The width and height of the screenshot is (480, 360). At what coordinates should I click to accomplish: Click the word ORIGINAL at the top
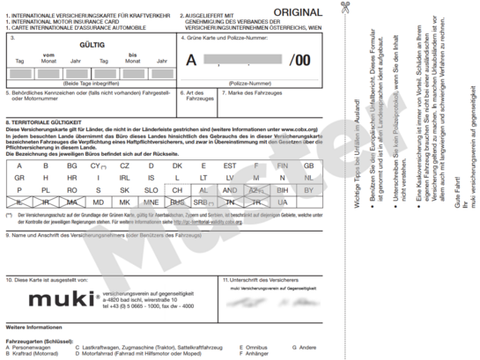pos(297,11)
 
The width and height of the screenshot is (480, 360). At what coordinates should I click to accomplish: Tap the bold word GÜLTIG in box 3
pos(88,41)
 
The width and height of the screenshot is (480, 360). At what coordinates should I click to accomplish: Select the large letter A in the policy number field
pos(191,61)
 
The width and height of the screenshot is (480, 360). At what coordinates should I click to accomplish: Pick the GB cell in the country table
pos(308,165)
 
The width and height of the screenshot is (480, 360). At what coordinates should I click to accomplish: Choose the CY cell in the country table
pos(99,165)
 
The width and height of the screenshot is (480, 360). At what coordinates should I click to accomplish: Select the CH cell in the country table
pos(177,190)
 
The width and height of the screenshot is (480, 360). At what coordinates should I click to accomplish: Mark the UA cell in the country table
pos(282,202)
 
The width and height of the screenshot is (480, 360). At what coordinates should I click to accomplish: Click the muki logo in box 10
pos(57,299)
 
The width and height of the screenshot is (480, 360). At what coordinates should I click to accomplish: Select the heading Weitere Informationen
pos(34,327)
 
